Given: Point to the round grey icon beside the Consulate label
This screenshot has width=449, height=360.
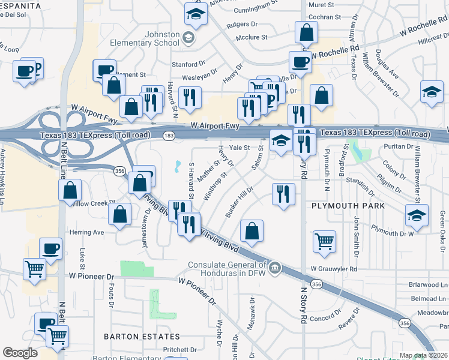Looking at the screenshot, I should (274, 266).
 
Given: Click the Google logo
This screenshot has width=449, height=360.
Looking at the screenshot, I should (20, 353).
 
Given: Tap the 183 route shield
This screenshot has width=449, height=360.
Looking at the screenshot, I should (169, 136).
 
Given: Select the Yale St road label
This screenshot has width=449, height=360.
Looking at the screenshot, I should (239, 147).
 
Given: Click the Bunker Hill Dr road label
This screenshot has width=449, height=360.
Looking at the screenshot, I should (240, 202).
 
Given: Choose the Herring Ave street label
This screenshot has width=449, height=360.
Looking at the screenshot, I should (87, 232).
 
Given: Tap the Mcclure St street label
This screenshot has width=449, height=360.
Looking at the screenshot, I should (252, 37).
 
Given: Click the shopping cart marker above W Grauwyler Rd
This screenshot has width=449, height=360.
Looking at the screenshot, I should (325, 241).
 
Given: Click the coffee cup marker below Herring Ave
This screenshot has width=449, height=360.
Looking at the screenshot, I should (50, 248).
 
